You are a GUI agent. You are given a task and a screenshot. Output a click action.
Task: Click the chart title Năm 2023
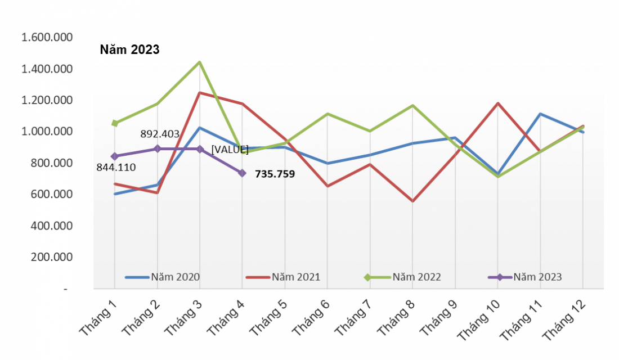click(x=130, y=50)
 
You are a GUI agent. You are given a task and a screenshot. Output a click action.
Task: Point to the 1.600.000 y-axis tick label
click(x=47, y=38)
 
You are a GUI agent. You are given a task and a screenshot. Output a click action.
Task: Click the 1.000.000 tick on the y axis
click(x=47, y=132)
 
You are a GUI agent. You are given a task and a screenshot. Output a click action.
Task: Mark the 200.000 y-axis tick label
click(x=47, y=257)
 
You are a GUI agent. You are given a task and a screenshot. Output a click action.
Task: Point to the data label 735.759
click(x=275, y=174)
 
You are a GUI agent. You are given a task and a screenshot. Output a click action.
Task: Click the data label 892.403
click(x=160, y=134)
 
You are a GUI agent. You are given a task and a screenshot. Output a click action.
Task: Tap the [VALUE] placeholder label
click(x=230, y=150)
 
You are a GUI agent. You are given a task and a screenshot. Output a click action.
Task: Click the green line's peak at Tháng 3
click(x=199, y=62)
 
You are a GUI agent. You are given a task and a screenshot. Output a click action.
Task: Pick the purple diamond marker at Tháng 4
click(x=242, y=173)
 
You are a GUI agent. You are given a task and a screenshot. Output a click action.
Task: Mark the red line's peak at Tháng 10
click(x=498, y=103)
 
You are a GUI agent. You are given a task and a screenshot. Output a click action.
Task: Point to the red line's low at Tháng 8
click(x=412, y=201)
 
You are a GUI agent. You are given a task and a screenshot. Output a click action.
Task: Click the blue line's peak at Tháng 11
click(x=540, y=114)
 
